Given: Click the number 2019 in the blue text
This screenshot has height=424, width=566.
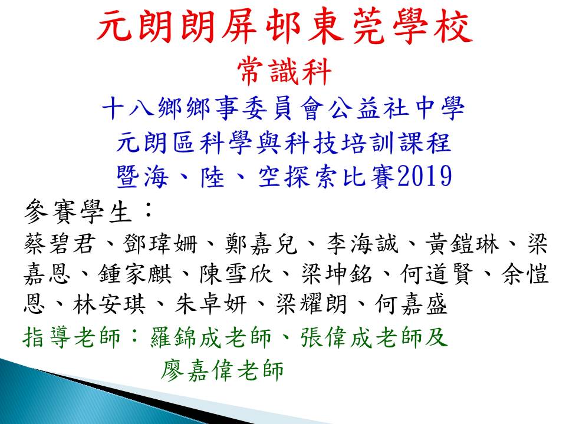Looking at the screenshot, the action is pos(424,176).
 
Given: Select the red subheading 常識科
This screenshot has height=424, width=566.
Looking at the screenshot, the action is pos(284,72).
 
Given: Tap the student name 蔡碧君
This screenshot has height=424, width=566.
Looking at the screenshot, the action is pos(60,243).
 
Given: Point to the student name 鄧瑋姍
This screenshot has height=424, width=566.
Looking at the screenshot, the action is pos(161,243).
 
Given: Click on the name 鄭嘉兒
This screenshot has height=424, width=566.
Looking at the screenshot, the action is pos(261,243).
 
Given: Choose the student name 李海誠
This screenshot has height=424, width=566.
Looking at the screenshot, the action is pos(363,243).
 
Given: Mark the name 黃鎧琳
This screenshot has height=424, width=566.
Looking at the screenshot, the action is pos(462,243).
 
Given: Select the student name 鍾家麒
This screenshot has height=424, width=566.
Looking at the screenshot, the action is pos(136,274).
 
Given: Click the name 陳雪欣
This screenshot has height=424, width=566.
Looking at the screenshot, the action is pos(236,274).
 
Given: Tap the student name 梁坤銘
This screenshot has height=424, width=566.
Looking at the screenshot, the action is pos(337,274).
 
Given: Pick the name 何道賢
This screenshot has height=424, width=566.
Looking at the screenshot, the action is pos(437,274).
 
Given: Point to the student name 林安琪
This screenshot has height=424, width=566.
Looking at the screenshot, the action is pos(110,304).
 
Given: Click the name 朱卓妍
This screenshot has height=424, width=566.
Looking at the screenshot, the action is pos(211,304).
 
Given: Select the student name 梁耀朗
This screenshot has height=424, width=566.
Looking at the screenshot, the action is pos(312,304).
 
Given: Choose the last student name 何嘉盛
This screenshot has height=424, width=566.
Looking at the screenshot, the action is pos(412,304).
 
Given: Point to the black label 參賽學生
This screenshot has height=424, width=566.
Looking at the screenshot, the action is pos(78,211).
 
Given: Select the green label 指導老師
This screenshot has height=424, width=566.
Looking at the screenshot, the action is pos(71,337).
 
